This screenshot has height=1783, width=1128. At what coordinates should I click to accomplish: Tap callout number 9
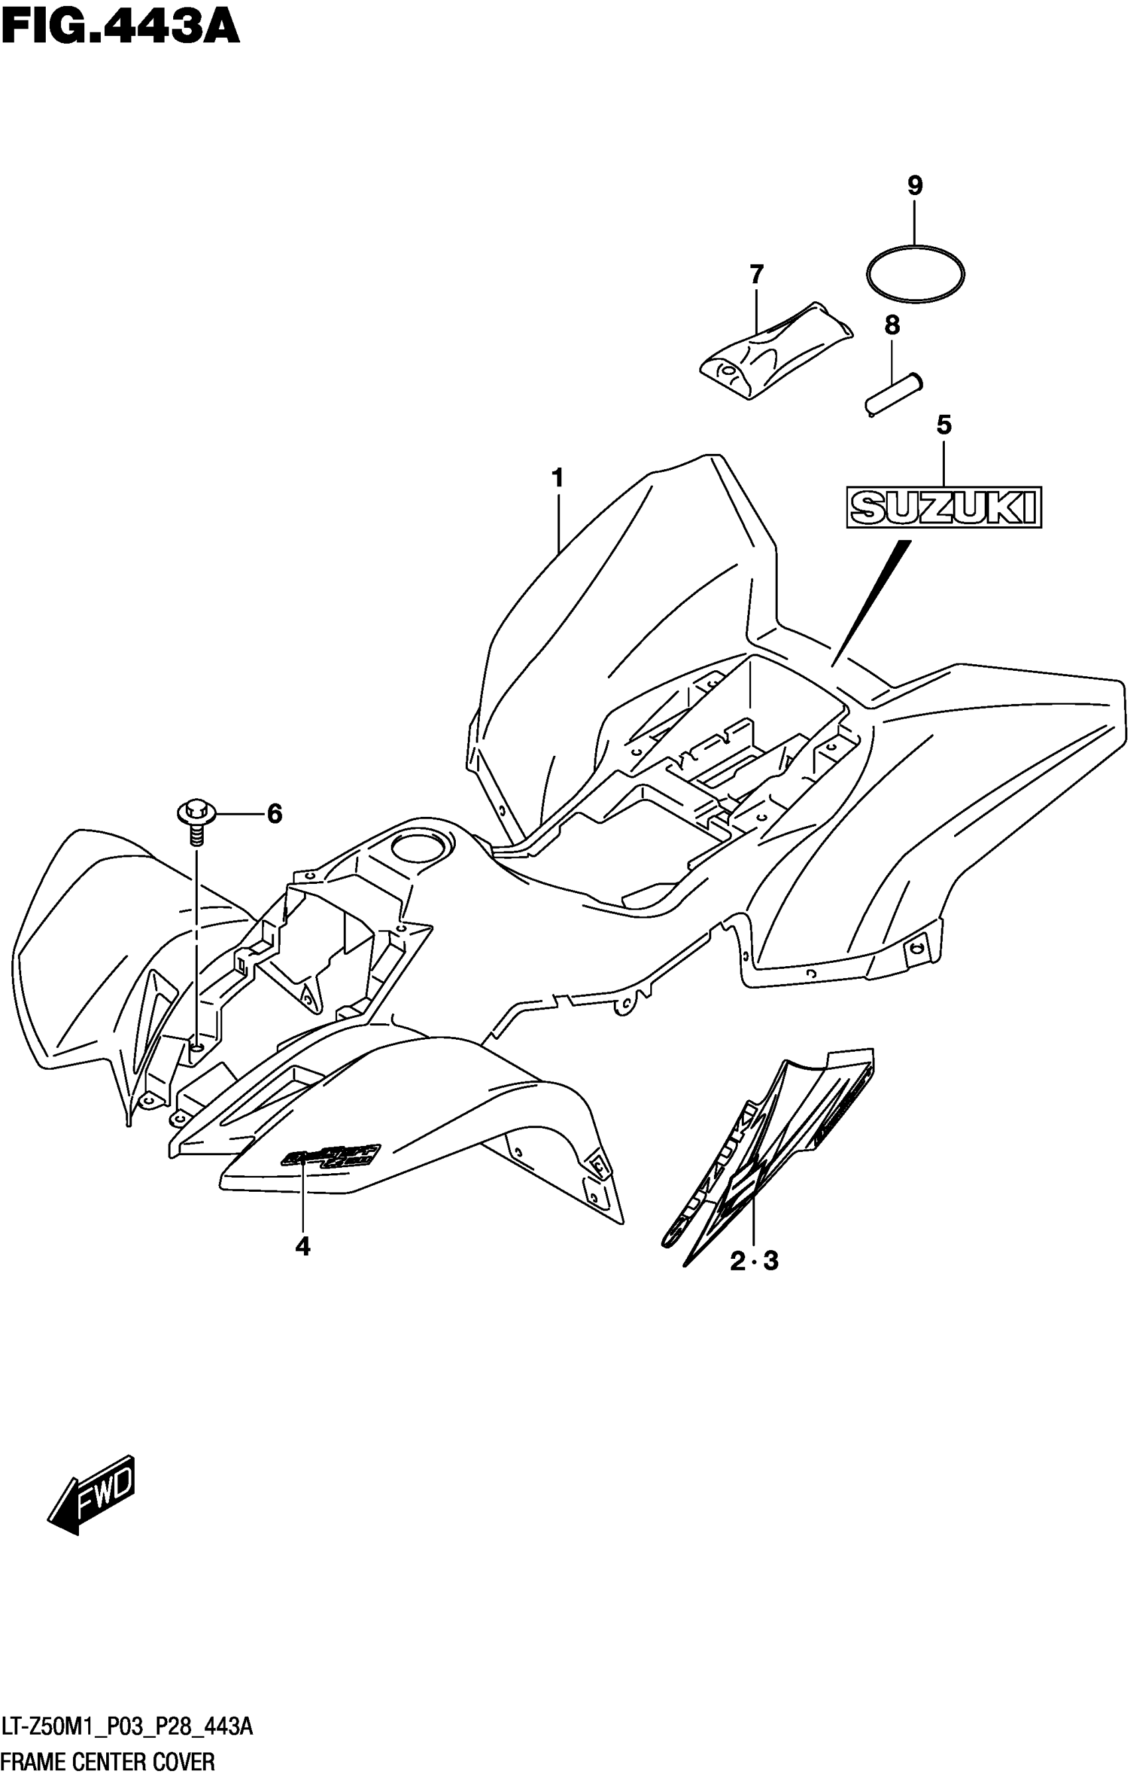pos(915,186)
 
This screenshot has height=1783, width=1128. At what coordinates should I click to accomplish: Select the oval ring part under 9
pos(916,274)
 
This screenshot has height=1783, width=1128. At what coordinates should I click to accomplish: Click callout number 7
pos(756,275)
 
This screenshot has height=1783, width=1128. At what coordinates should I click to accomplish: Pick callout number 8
pos(892,324)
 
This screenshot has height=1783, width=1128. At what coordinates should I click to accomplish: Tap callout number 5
pos(944,425)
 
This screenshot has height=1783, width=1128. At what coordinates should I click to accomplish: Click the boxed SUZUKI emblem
pos(944,507)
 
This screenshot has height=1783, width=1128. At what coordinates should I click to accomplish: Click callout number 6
pos(275,814)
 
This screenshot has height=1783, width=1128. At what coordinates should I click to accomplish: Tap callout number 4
pos(302,1247)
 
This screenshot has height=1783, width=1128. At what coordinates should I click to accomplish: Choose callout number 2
pos(738,1261)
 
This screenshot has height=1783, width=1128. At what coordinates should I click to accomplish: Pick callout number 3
pos(771,1261)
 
